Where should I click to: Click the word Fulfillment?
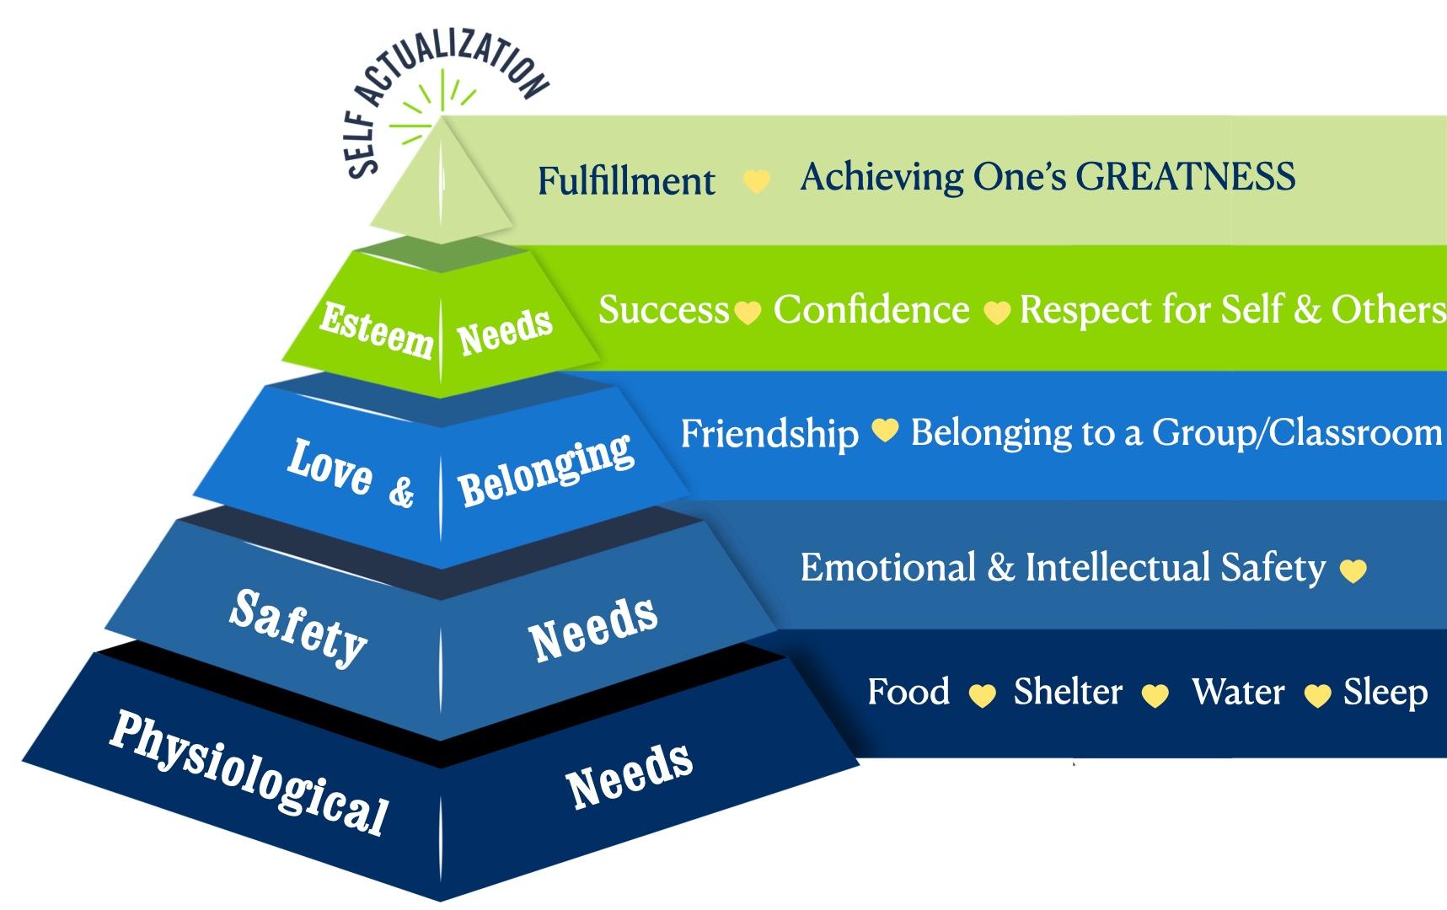click(x=626, y=180)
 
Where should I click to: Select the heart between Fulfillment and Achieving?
click(x=756, y=181)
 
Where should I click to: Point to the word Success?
click(x=663, y=310)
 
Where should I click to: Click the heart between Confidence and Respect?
click(x=996, y=313)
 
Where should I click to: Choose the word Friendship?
click(x=769, y=434)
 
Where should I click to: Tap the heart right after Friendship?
click(x=884, y=431)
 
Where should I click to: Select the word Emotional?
click(x=887, y=567)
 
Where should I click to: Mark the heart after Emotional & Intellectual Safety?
click(x=1353, y=571)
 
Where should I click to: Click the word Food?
click(x=908, y=692)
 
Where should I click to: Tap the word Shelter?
click(x=1068, y=692)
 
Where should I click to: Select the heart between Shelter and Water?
click(x=1155, y=695)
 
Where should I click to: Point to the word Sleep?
click(x=1385, y=693)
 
